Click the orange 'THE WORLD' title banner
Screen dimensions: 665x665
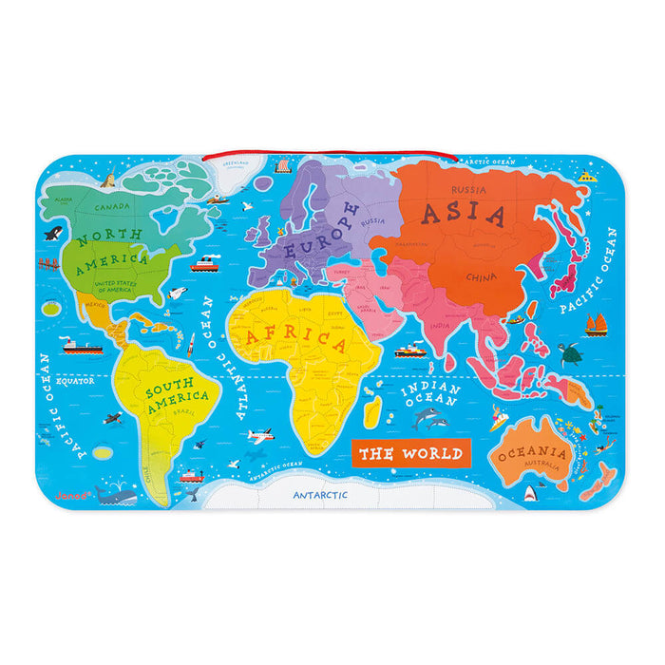[410, 453]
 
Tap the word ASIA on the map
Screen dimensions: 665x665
[464, 214]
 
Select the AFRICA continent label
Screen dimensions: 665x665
[295, 337]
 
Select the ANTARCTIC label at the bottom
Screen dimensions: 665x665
[320, 495]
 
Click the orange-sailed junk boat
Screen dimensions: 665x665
[596, 325]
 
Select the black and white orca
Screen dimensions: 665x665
[52, 233]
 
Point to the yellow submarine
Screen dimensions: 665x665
[588, 177]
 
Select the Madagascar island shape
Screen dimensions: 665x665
[373, 410]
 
